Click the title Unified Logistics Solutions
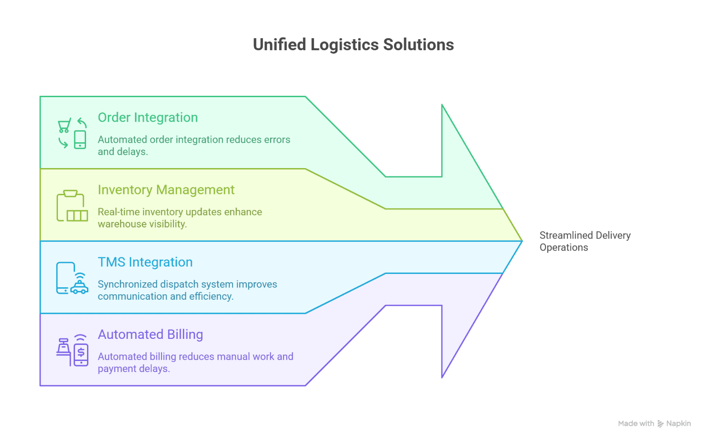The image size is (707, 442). [x=353, y=45]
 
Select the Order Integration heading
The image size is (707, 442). [x=148, y=118]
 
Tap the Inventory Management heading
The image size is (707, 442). [x=166, y=190]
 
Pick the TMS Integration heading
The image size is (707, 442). [x=145, y=262]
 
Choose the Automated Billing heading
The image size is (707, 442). [x=150, y=335]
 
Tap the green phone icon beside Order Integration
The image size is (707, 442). [x=80, y=140]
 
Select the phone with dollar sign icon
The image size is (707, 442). [x=81, y=354]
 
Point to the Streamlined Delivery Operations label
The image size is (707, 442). [x=585, y=241]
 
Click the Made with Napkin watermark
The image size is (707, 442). [x=654, y=424]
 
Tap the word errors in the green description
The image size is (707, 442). [x=277, y=140]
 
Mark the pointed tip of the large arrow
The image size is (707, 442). [x=521, y=241]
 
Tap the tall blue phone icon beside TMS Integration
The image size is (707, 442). [x=65, y=278]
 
